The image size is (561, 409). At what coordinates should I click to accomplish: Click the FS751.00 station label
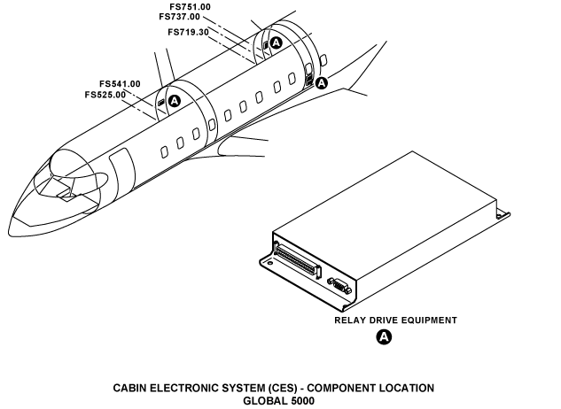(x=190, y=6)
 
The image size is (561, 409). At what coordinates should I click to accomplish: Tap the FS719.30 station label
(x=188, y=32)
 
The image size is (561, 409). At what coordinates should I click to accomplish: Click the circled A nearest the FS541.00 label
(x=175, y=101)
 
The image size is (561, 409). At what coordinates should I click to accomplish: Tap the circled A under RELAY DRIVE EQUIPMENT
(x=384, y=336)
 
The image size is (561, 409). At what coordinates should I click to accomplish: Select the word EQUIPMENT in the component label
(x=429, y=320)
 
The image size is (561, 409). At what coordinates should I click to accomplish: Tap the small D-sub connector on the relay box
(x=338, y=285)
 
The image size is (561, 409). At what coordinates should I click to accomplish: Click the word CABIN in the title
(x=131, y=388)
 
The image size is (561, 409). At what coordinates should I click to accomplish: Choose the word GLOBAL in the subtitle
(x=262, y=399)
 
